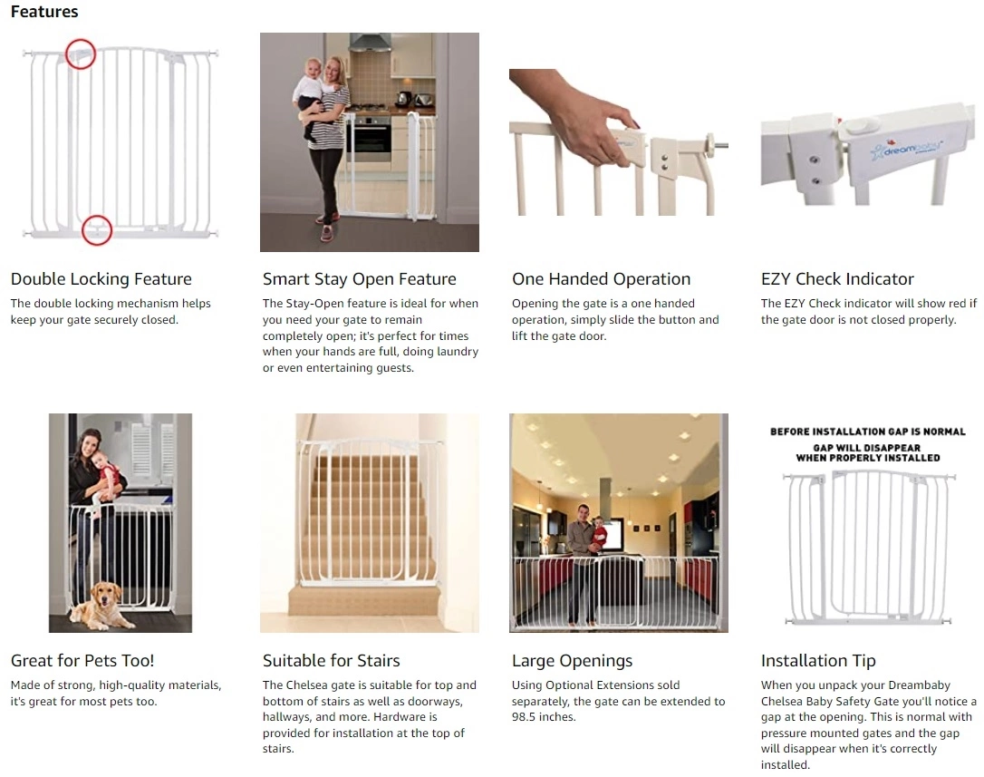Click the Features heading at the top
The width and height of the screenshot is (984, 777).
coord(44,12)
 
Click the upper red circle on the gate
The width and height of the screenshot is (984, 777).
coord(81,53)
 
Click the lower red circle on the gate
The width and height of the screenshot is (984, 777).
coord(96,229)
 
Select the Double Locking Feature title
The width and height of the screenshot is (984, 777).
coord(101,279)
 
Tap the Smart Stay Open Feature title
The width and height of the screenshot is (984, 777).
coord(359,279)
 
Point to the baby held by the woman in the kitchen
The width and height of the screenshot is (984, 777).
coord(314,95)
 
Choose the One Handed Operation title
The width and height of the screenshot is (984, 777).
coord(601,279)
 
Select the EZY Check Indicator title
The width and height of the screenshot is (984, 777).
coord(837,279)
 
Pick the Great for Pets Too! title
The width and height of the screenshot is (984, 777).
coord(82,661)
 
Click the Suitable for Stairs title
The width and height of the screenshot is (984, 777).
coord(331,661)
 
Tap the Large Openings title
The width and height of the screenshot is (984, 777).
coord(572,661)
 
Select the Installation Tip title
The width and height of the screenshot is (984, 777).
coord(818,661)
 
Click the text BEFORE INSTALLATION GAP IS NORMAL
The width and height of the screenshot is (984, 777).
coord(867,432)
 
